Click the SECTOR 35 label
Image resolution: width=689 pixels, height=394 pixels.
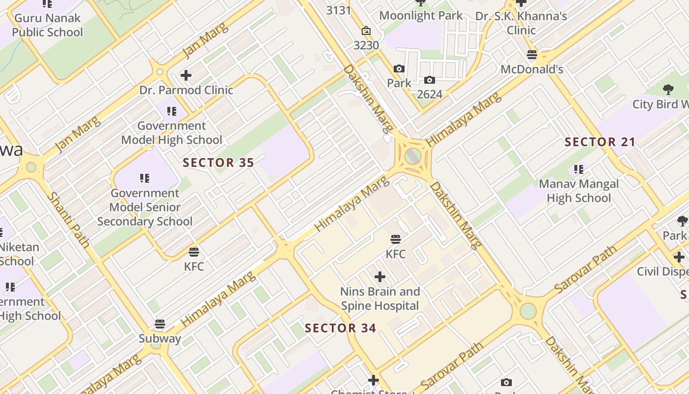click(219, 163)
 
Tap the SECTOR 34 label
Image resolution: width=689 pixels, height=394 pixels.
click(341, 328)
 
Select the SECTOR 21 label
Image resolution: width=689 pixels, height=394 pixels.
click(600, 142)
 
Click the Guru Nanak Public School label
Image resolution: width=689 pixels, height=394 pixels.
click(48, 26)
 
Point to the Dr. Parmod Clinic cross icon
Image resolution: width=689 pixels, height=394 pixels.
click(186, 75)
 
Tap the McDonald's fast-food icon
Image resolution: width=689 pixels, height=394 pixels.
click(532, 55)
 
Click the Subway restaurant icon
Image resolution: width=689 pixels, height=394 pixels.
click(159, 324)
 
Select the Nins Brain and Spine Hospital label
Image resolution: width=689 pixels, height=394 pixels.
click(380, 298)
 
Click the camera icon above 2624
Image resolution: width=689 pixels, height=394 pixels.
click(429, 80)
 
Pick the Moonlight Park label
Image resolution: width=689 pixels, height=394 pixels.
click(421, 16)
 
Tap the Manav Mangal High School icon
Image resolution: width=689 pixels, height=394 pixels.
click(579, 169)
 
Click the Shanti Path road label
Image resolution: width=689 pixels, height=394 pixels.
click(68, 220)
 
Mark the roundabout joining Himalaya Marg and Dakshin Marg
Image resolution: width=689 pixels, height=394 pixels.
click(413, 157)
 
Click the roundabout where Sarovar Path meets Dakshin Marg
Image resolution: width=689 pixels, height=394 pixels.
click(528, 311)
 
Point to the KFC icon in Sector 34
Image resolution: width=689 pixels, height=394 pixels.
click(396, 240)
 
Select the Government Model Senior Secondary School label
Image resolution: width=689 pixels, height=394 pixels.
click(145, 207)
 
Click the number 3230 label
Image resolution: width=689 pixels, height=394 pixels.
click(366, 45)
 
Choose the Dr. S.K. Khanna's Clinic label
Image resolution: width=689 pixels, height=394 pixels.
click(521, 23)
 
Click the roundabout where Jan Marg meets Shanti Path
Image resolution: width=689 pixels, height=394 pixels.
click(31, 167)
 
